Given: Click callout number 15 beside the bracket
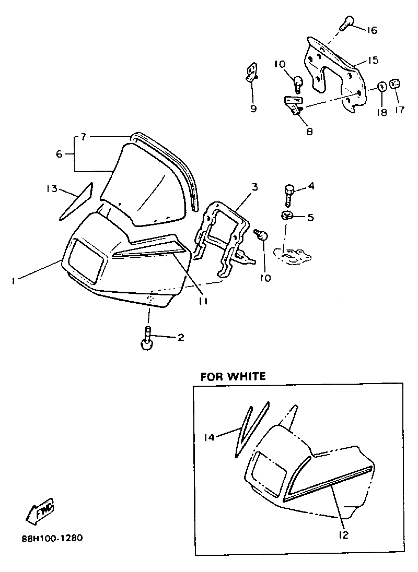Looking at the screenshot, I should coord(373,60).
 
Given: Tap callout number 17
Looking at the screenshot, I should coord(400,110).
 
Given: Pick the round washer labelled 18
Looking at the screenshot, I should coord(382,87).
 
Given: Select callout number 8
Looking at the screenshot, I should coord(310,131).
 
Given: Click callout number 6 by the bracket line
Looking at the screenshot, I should coord(59,154).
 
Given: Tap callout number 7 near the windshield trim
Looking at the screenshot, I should coord(84,137).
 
